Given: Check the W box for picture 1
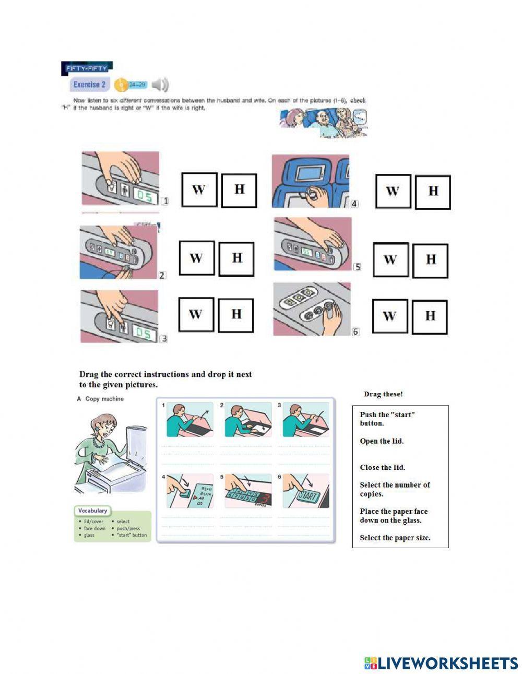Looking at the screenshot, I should point(199,190).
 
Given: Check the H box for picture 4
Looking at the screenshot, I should point(433,192).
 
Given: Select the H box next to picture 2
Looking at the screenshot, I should point(236,258).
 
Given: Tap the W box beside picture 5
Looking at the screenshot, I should point(390,260).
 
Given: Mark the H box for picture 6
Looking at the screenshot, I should point(430,316).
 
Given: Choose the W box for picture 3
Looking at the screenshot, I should point(196,314).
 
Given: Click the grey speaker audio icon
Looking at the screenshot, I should point(160,85).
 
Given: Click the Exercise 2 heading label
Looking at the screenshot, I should point(89,85).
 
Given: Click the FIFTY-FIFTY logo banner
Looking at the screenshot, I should point(87,68).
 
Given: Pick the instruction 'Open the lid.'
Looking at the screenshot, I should point(382,441).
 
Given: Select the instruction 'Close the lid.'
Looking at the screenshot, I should point(382,468).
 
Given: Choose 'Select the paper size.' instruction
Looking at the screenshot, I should point(395,538).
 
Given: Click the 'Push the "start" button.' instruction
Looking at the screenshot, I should point(387,419).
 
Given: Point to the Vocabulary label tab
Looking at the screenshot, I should point(92,511).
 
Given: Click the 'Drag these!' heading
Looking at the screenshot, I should point(383,394).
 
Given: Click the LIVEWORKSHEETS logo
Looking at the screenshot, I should point(441,663).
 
